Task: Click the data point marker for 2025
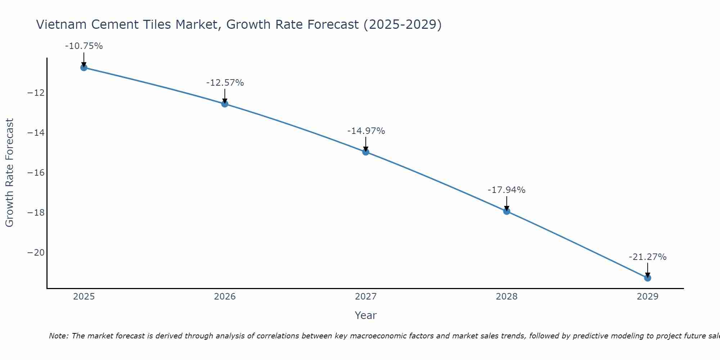pyautogui.click(x=84, y=67)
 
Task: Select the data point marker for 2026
pyautogui.click(x=225, y=104)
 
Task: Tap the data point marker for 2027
pyautogui.click(x=366, y=152)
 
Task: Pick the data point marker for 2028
pyautogui.click(x=507, y=211)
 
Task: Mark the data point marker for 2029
pyautogui.click(x=648, y=278)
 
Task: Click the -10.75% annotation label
pyautogui.click(x=84, y=46)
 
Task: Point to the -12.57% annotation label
pyautogui.click(x=225, y=83)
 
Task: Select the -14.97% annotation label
pyautogui.click(x=366, y=131)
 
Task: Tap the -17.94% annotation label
pyautogui.click(x=507, y=190)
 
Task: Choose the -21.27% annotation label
pyautogui.click(x=648, y=257)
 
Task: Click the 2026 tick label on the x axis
pyautogui.click(x=225, y=297)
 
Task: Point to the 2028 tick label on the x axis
pyautogui.click(x=507, y=297)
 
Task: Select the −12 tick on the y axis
pyautogui.click(x=36, y=93)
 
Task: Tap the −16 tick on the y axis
pyautogui.click(x=36, y=173)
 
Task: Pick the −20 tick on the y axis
pyautogui.click(x=36, y=253)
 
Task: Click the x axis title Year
pyautogui.click(x=365, y=315)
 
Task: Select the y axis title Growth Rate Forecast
pyautogui.click(x=9, y=173)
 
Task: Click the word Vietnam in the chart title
pyautogui.click(x=61, y=24)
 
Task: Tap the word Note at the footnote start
pyautogui.click(x=58, y=336)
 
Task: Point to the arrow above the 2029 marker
pyautogui.click(x=648, y=270)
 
